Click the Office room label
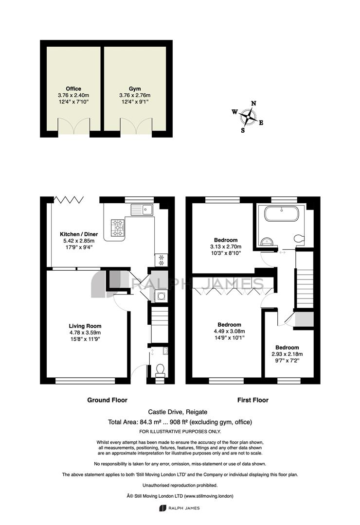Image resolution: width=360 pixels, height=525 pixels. pos(73,89)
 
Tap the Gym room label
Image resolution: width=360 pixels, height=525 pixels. pos(135,89)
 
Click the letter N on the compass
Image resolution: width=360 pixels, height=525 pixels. pos(254,104)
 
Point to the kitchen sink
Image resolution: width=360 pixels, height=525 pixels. pos(142,210)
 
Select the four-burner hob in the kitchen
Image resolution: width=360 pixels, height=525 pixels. pos(117,227)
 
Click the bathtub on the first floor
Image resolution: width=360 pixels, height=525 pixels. pos(281,213)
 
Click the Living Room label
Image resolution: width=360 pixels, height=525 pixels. pos(85,326)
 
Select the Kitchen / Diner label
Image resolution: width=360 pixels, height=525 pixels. pos(79,234)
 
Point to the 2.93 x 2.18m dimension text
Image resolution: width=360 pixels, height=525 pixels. pos(287,354)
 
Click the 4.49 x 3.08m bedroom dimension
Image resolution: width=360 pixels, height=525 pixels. pos(229,331)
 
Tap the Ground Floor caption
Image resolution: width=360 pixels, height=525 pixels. pos(107,400)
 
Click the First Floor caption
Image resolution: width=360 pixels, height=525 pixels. pos(253,400)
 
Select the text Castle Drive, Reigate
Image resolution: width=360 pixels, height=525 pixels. pos(178,412)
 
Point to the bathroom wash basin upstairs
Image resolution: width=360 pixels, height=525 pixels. pos(267,242)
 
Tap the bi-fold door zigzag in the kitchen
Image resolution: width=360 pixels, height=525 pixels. pos(69,200)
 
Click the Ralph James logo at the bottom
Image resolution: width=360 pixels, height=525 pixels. pos(180,508)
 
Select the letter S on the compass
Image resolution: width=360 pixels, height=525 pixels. pos(243,131)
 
